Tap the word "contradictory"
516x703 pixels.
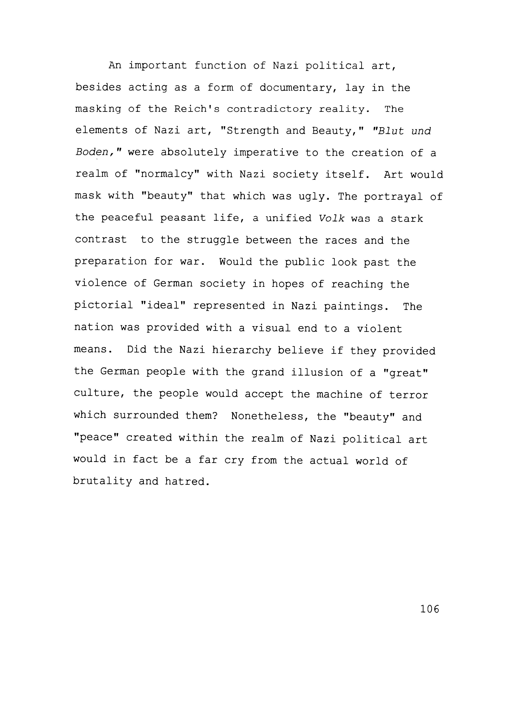point(269,109)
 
